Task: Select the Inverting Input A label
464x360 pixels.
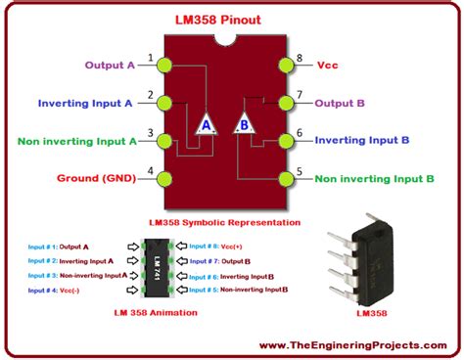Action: pyautogui.click(x=86, y=103)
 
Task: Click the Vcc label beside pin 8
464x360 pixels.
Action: pyautogui.click(x=328, y=66)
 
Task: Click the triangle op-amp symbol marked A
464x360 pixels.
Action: pyautogui.click(x=206, y=124)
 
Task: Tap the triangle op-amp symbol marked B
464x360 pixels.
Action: pyautogui.click(x=243, y=124)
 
